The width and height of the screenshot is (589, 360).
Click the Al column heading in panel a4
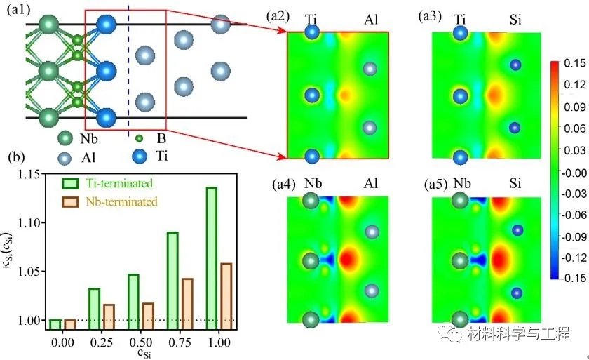[372, 185]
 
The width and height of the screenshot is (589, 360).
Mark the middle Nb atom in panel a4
[311, 261]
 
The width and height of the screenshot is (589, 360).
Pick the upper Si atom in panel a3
[516, 65]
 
